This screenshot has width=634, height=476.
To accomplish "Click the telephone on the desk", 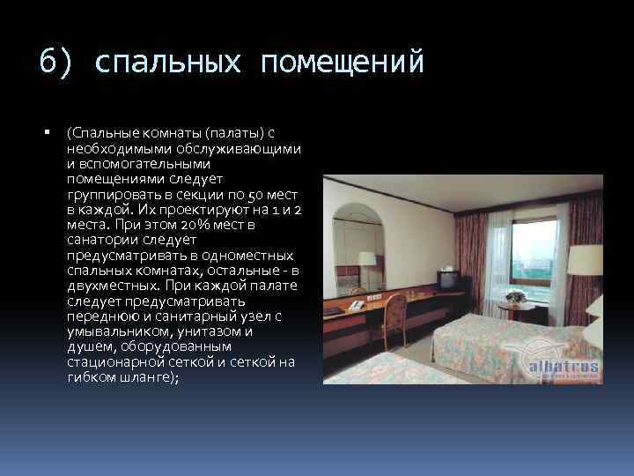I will click(356, 303).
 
